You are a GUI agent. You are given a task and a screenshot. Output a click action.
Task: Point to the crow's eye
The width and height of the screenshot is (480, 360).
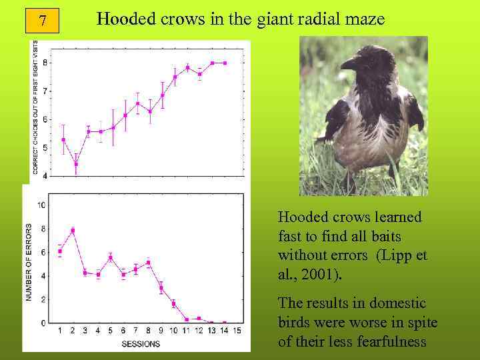tap(365, 59)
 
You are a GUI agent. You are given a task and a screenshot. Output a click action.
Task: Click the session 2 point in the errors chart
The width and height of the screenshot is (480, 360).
tap(73, 231)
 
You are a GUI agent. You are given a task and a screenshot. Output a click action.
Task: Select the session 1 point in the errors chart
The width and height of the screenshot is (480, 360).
tap(61, 251)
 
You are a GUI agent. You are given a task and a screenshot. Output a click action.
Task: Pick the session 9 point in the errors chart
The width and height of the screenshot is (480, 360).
tap(161, 288)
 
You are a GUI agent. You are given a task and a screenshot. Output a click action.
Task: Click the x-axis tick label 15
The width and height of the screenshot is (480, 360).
tap(236, 331)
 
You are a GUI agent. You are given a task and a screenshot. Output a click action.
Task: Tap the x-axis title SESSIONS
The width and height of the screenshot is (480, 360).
tap(141, 344)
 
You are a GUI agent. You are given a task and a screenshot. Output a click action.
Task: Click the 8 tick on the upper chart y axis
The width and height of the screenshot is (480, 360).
tap(45, 63)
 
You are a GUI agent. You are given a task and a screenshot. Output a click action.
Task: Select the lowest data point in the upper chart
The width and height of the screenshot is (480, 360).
tap(76, 164)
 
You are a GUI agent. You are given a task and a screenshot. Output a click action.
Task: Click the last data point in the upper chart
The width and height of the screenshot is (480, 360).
tap(225, 63)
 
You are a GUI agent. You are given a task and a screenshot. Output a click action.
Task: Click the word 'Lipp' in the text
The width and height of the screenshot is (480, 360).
tap(397, 255)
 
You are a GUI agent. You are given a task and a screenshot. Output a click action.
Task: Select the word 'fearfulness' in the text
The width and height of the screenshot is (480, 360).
tap(393, 342)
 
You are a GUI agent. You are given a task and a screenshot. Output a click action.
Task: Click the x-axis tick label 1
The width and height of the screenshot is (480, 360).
tap(61, 331)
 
